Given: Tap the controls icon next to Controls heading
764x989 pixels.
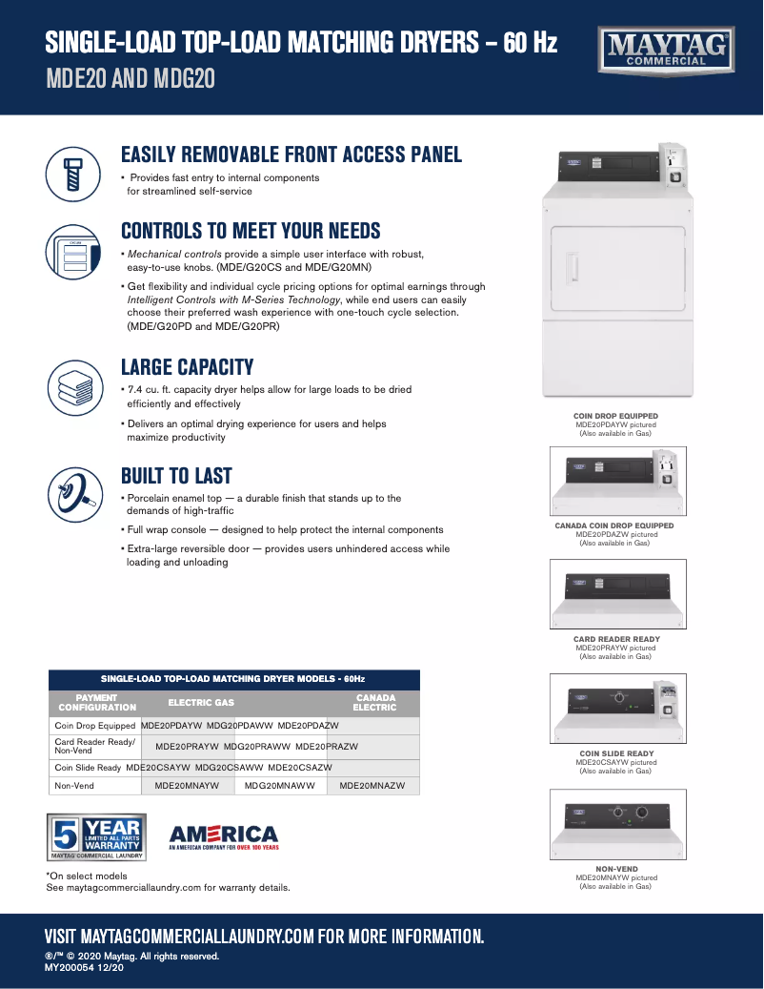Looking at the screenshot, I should [x=73, y=252].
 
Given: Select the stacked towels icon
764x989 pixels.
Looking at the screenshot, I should [x=73, y=384].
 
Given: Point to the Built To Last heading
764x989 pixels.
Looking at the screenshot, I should [x=176, y=476].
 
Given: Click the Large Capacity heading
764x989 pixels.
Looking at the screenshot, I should [x=187, y=367].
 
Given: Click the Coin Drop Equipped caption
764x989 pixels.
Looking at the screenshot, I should [x=615, y=417].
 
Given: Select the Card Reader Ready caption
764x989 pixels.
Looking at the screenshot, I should [x=615, y=640].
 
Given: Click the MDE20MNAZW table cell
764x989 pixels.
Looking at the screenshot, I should [x=372, y=786].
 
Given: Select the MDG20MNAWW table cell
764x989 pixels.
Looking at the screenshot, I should [x=280, y=786].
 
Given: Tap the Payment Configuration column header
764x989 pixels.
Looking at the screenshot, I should [x=97, y=703].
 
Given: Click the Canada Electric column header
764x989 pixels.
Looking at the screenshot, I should [x=374, y=703].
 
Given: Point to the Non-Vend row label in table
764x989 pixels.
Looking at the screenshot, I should [x=74, y=786].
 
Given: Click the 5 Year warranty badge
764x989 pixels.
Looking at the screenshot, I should [x=95, y=837].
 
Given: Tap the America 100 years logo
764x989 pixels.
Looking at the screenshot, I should [x=223, y=837].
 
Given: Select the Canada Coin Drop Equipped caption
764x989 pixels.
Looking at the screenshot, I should [x=614, y=525].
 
